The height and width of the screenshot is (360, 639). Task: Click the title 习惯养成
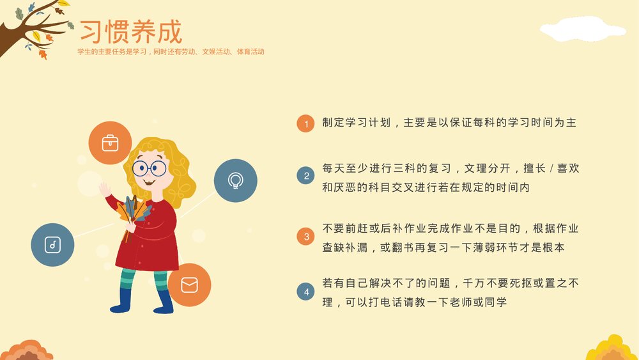pyautogui.click(x=130, y=31)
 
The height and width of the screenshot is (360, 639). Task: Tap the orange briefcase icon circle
pyautogui.click(x=110, y=143)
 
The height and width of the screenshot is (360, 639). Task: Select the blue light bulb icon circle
pyautogui.click(x=235, y=181)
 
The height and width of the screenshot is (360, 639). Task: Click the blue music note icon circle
pyautogui.click(x=53, y=245)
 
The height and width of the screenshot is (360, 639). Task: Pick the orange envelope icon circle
pyautogui.click(x=189, y=285)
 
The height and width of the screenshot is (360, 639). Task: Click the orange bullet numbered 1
pyautogui.click(x=306, y=124)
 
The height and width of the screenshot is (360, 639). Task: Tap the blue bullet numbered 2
pyautogui.click(x=306, y=176)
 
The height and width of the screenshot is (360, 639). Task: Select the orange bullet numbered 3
pyautogui.click(x=306, y=237)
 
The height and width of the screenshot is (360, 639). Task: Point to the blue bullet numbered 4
pyautogui.click(x=306, y=292)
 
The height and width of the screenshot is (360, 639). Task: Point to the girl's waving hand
pyautogui.click(x=105, y=189)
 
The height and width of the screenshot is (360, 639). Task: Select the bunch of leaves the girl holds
pyautogui.click(x=135, y=212)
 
